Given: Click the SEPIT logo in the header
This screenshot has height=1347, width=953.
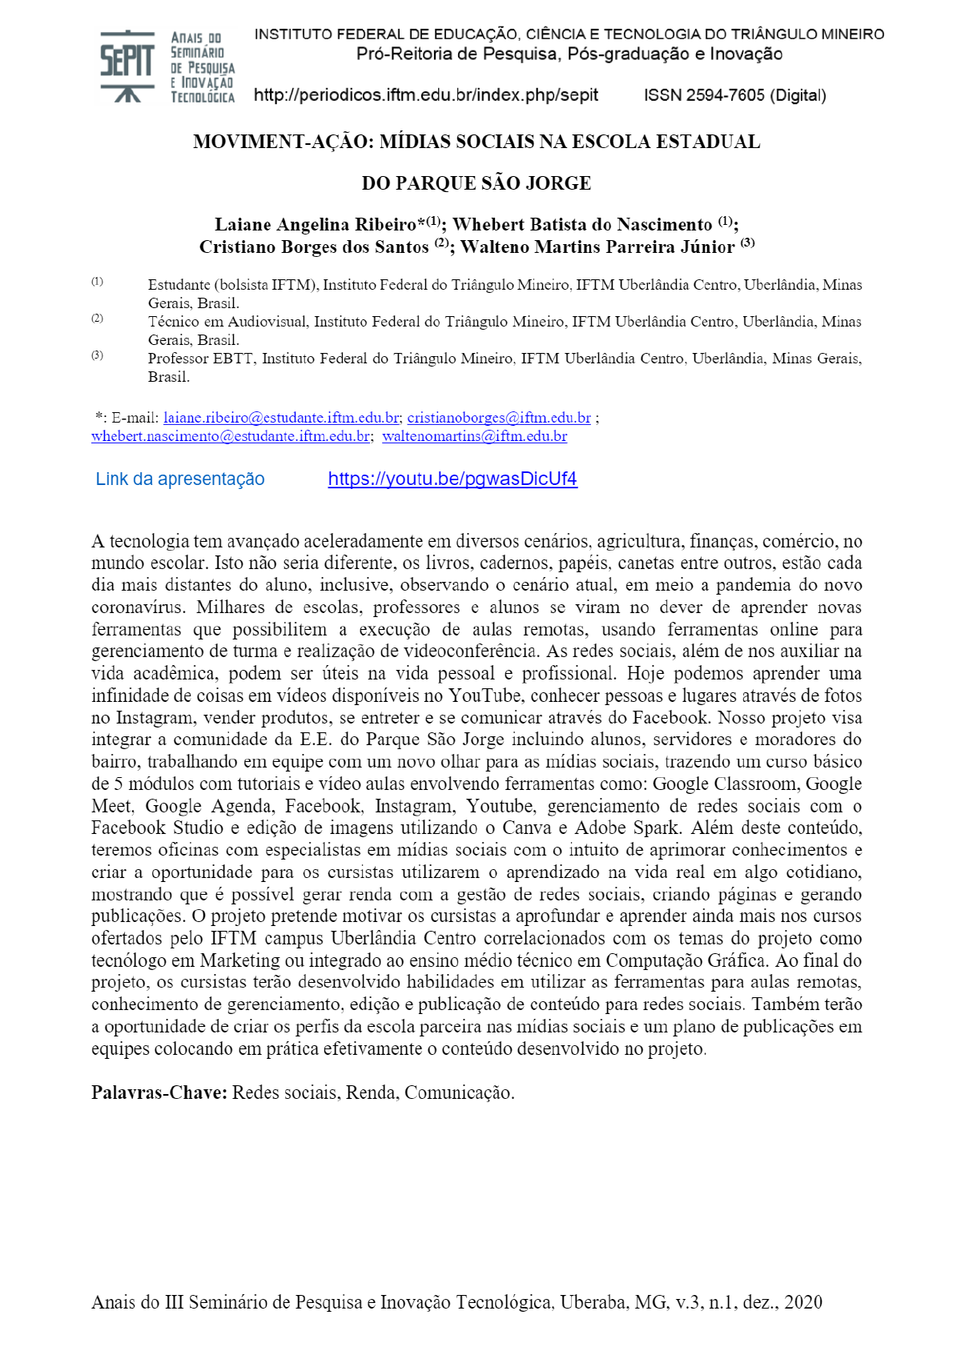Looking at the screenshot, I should [x=167, y=66].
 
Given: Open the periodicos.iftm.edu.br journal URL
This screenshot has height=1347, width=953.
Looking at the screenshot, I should [x=425, y=95].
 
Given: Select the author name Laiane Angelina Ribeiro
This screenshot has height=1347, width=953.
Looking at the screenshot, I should [x=316, y=225].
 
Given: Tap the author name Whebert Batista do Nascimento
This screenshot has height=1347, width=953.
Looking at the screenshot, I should [x=582, y=225].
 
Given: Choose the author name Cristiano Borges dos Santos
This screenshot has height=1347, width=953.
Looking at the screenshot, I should [x=314, y=247].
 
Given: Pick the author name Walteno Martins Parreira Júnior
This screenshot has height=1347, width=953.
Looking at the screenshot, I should [x=597, y=247].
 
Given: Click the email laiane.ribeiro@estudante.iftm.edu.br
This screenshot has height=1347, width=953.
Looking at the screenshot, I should [x=281, y=418].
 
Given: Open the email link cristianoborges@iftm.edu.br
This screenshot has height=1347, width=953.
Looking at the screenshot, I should [x=499, y=418].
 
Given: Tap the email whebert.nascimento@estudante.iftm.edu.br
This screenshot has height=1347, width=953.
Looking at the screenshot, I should [x=231, y=436].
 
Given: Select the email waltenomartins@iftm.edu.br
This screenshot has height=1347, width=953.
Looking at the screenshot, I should [x=475, y=436].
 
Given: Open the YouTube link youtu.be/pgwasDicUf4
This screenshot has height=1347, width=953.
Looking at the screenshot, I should [x=452, y=479].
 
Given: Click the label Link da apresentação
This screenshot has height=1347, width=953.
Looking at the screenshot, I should [x=180, y=479].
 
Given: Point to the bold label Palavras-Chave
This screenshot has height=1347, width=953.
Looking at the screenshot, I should [x=159, y=1092].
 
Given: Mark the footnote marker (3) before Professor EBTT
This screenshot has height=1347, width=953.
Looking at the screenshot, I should [x=97, y=355].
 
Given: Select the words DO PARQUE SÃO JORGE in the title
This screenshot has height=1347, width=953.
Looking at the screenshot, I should [x=476, y=183].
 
